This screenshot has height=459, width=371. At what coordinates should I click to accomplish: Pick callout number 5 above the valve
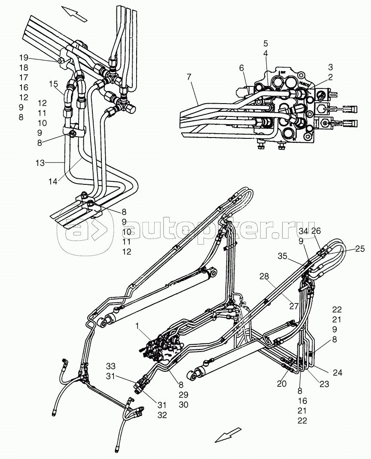point(265,43)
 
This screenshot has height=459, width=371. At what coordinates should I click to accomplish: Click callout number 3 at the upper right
point(331,67)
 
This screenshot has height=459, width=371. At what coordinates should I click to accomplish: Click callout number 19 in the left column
point(24,58)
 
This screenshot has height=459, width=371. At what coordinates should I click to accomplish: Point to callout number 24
point(337,373)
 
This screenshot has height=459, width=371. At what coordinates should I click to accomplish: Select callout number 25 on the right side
point(360,249)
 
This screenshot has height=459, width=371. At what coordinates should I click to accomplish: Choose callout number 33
point(111,366)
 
